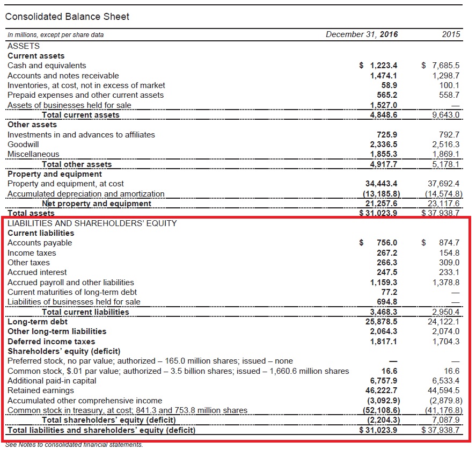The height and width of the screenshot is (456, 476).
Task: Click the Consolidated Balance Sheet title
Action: pos(67,17)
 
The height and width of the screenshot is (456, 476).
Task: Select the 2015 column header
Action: pos(451,34)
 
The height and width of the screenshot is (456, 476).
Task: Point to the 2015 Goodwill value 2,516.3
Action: pos(445,144)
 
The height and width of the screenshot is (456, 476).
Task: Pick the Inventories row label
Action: pos(86,85)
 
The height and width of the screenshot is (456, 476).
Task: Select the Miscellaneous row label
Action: pos(33,154)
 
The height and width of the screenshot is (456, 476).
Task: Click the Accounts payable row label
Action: pos(40,243)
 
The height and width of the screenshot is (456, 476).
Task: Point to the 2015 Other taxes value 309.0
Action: pos(449,263)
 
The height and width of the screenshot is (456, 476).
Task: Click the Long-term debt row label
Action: pos(38,322)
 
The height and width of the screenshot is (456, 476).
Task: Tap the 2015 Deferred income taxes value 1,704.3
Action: pos(445,342)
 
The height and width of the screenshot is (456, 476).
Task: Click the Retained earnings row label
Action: pos(41,390)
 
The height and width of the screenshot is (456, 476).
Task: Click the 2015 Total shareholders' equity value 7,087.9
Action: pos(445,420)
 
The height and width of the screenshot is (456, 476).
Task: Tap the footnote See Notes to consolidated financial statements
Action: pos(74,445)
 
